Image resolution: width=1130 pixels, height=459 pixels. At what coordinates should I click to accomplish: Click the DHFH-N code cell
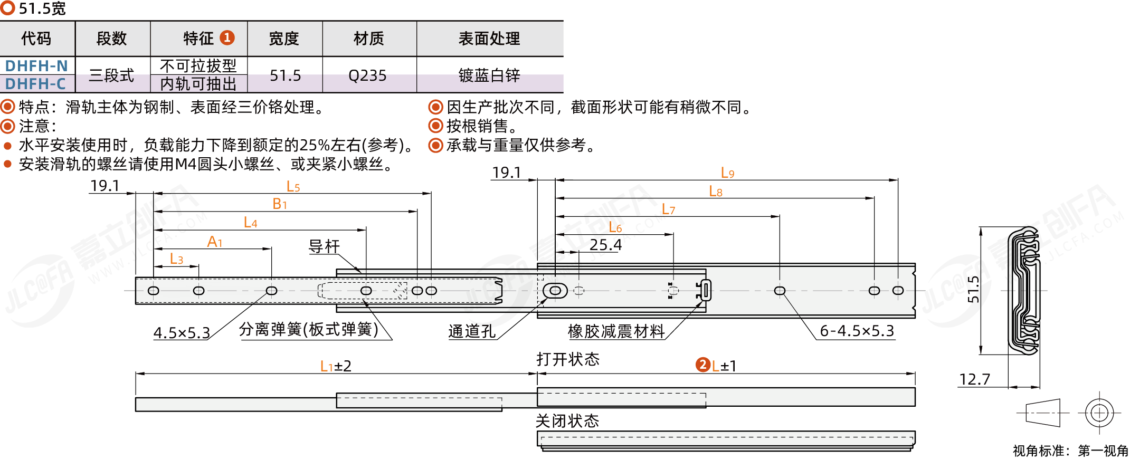click(x=36, y=66)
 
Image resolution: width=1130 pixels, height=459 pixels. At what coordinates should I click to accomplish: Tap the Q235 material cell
click(x=367, y=75)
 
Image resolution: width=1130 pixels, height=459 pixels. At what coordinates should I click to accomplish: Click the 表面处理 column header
click(x=489, y=39)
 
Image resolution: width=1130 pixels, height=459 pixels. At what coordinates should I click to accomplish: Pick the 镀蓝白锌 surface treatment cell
click(x=489, y=75)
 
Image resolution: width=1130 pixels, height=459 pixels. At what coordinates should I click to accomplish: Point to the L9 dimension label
click(x=727, y=173)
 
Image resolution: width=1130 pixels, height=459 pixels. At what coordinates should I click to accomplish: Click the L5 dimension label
click(x=293, y=186)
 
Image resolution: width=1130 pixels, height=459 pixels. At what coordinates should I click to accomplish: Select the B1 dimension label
click(x=280, y=204)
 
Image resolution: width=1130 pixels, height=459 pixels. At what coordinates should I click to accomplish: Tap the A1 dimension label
click(x=215, y=242)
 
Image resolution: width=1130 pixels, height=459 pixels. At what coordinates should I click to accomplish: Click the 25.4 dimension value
click(x=605, y=245)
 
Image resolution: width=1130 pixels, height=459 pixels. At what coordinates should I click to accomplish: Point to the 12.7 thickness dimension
click(x=974, y=379)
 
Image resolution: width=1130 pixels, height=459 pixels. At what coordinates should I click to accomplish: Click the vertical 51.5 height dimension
click(x=973, y=289)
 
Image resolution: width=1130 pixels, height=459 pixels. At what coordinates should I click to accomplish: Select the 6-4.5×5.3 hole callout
click(x=857, y=331)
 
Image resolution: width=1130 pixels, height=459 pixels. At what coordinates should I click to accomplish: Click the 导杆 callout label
click(x=324, y=246)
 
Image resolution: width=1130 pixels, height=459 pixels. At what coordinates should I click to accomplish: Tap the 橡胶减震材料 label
click(x=616, y=331)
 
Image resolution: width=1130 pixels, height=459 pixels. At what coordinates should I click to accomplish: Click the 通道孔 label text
click(x=472, y=331)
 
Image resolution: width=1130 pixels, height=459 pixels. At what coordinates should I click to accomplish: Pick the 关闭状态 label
click(x=567, y=421)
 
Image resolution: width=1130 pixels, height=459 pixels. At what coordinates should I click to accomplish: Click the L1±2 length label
click(x=336, y=366)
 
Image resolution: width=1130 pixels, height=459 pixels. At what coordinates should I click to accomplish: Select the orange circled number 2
click(x=702, y=365)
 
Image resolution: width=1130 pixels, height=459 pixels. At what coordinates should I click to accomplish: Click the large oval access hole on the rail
click(x=555, y=291)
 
